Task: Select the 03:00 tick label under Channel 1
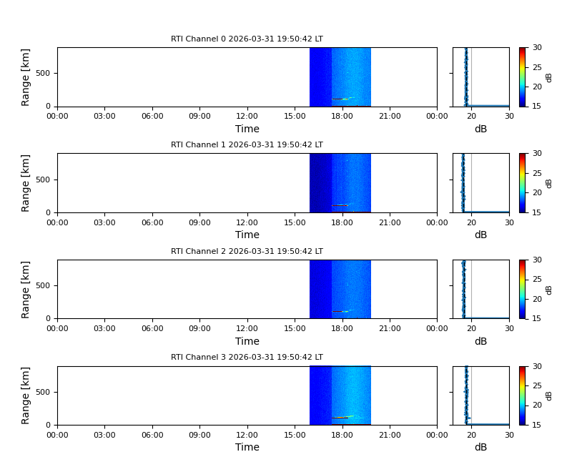(104, 222)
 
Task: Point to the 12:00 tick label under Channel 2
(247, 329)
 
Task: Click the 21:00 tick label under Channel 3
(390, 435)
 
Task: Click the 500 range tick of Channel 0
(44, 74)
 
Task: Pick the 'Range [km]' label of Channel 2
(26, 289)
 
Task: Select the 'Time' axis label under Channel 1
(247, 235)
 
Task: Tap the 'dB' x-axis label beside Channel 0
(480, 129)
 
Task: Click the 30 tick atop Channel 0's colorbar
(537, 48)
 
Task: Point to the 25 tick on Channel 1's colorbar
(537, 173)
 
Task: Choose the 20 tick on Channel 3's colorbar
(537, 405)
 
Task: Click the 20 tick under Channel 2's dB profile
(471, 329)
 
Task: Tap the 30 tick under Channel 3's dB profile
(509, 435)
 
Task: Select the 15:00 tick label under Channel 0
(295, 117)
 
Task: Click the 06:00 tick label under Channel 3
(152, 435)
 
